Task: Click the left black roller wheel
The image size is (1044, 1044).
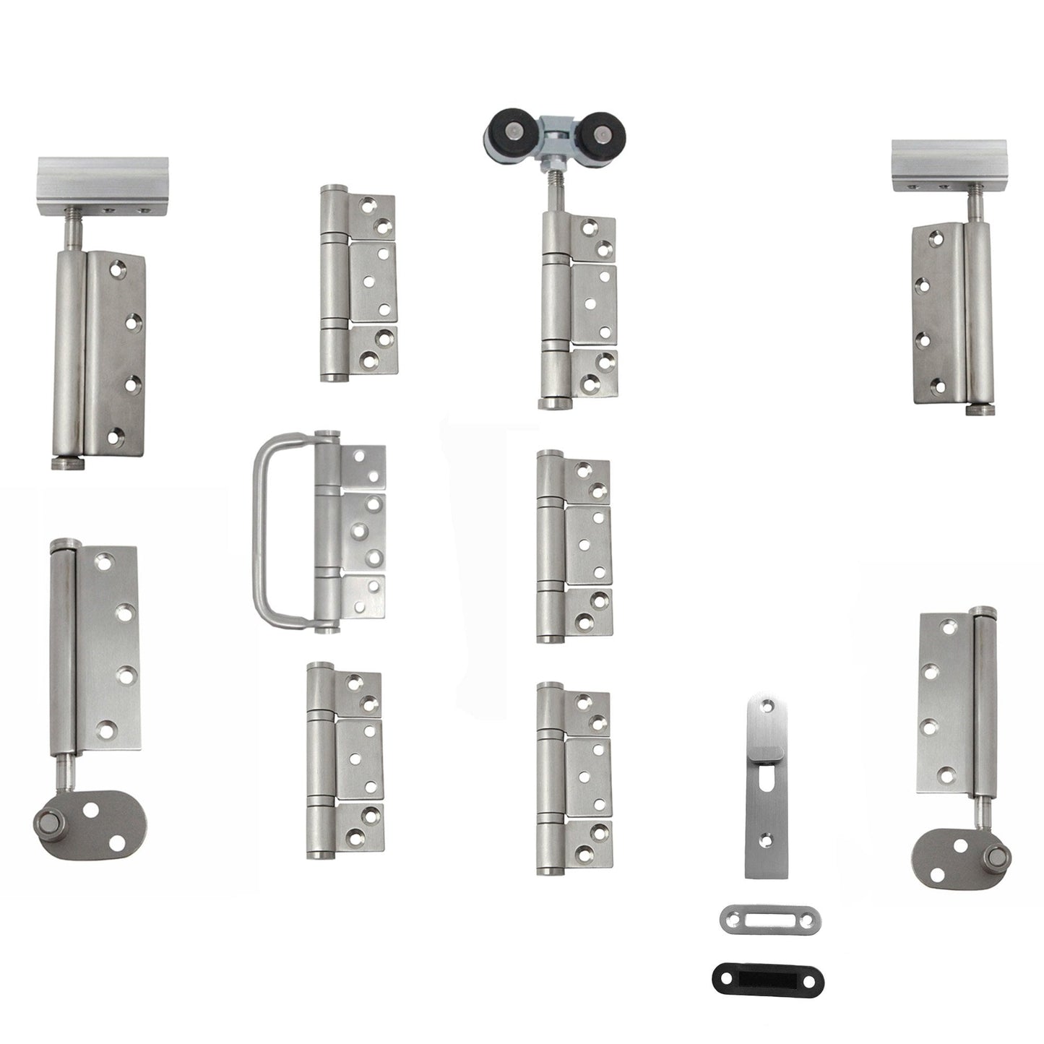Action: pyautogui.click(x=507, y=131)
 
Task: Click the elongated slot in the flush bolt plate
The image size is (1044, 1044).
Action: pyautogui.click(x=764, y=803)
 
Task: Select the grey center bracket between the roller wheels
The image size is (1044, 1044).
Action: pyautogui.click(x=554, y=142)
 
